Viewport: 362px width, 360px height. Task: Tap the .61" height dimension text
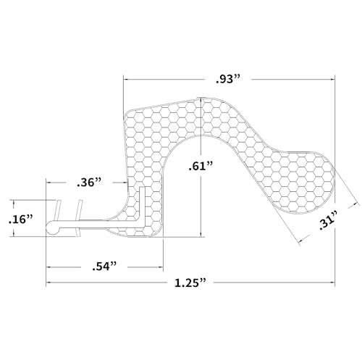point(201,166)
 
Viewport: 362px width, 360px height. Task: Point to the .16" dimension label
point(20,219)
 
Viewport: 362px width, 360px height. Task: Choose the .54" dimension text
point(104,267)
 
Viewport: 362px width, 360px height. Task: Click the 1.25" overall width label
point(190,282)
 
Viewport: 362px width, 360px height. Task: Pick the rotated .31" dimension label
point(328,220)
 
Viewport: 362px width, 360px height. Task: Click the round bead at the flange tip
point(52,227)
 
